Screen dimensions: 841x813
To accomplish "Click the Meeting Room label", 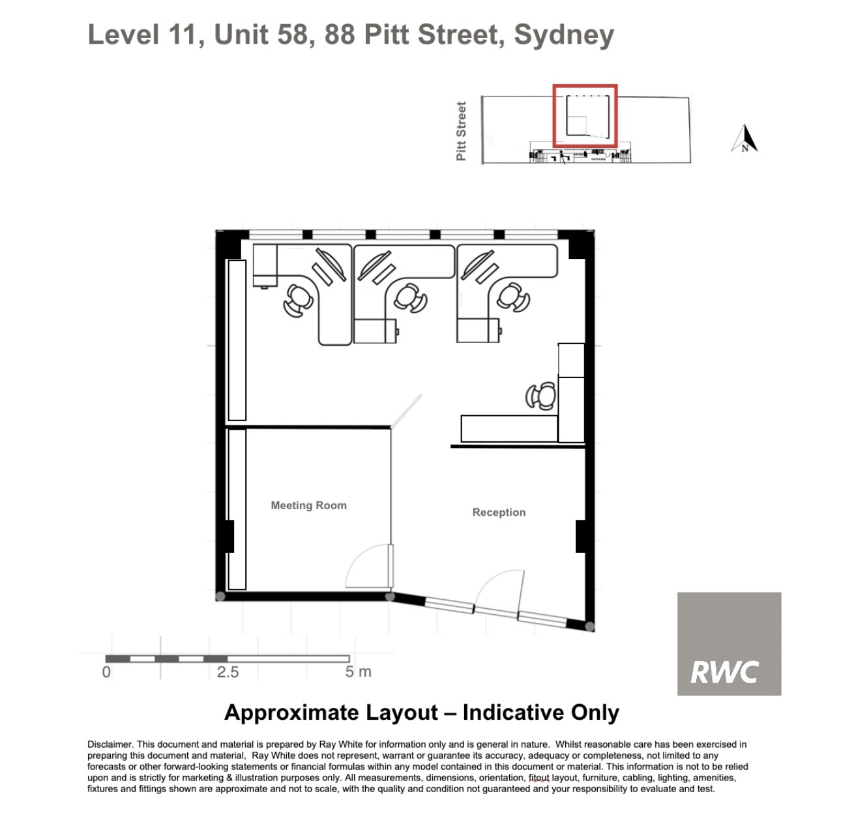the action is (x=308, y=505).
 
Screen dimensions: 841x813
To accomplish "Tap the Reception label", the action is (x=499, y=512).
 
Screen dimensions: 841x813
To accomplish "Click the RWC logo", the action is (x=729, y=643).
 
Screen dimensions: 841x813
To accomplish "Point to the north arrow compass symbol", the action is (x=745, y=138).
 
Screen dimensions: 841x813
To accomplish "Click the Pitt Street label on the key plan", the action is (x=461, y=131).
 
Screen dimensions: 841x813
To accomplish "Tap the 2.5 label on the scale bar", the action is (x=228, y=672).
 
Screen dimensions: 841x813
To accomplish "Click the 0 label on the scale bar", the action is (x=106, y=672).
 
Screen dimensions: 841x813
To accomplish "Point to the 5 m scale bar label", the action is (x=359, y=672).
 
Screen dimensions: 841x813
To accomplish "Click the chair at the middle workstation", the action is (x=410, y=298).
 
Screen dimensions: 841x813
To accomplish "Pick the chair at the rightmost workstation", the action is (x=513, y=297).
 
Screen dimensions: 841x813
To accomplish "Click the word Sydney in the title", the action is (x=564, y=35).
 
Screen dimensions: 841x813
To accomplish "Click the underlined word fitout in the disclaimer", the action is (x=539, y=778).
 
